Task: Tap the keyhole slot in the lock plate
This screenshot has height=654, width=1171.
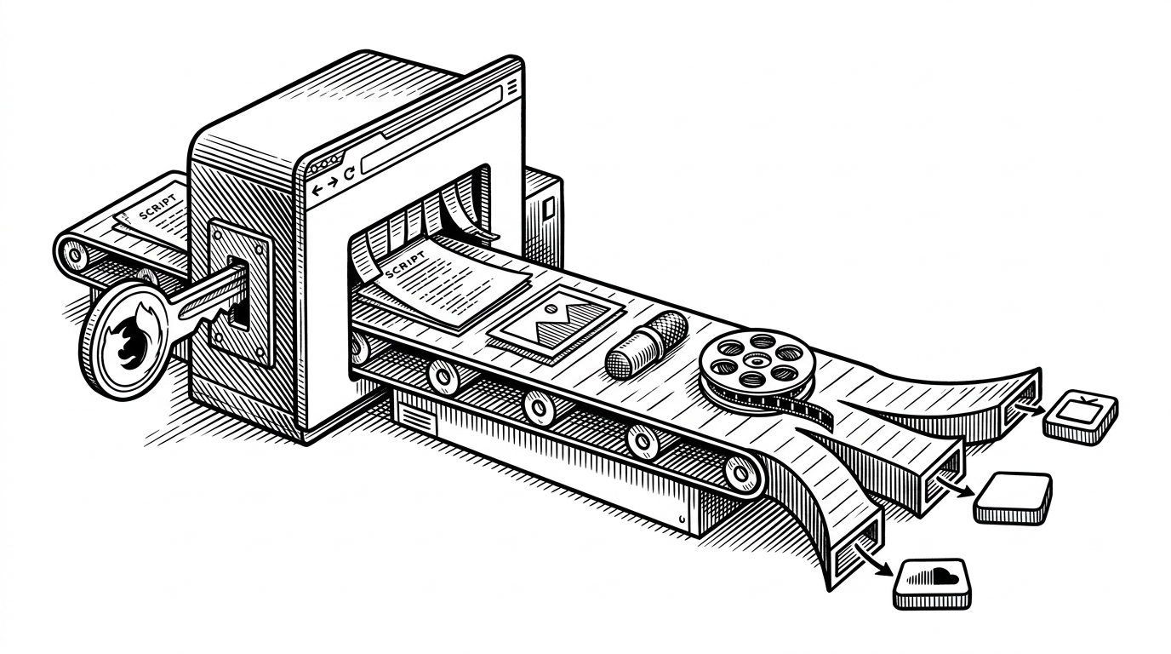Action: pyautogui.click(x=239, y=294)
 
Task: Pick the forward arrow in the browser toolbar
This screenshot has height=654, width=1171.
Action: pyautogui.click(x=332, y=183)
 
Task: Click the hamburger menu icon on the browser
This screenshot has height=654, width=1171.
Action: pyautogui.click(x=512, y=86)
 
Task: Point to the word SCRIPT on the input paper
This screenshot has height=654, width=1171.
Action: pyautogui.click(x=158, y=207)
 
